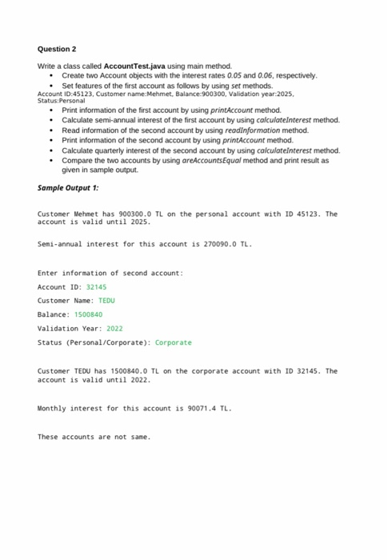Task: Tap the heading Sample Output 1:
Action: point(69,187)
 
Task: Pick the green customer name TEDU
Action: point(106,300)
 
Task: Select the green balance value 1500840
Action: point(87,314)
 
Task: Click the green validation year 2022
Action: point(114,328)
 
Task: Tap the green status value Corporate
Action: point(173,342)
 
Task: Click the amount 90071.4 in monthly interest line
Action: point(192,408)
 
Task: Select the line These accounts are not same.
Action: point(94,437)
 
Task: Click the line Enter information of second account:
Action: point(110,273)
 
